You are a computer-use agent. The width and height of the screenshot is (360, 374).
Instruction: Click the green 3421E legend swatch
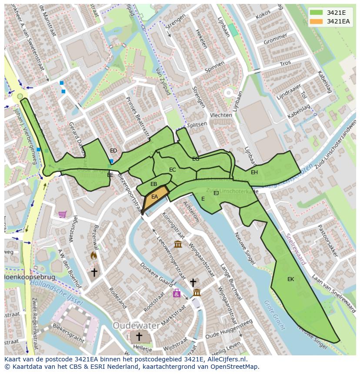coord(317,13)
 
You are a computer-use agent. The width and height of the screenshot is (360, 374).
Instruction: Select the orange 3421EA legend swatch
coord(317,21)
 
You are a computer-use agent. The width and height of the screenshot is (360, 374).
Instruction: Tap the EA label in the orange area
coord(155,197)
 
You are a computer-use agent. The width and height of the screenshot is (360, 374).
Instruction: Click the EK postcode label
coord(290,279)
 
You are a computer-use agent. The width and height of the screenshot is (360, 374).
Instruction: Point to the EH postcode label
coord(254,172)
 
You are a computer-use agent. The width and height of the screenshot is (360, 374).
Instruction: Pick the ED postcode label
coord(113,151)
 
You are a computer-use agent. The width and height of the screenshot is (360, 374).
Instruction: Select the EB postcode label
coord(153,184)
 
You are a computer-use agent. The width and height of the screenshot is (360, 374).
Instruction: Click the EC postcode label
coord(173,170)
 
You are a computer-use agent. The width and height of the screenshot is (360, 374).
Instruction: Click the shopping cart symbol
coord(63,214)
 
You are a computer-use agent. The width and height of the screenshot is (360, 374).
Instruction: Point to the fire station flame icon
coord(93,256)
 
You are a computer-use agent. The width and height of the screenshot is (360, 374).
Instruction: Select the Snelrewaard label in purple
coord(296,249)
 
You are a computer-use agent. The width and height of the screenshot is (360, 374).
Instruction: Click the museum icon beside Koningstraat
coord(178,244)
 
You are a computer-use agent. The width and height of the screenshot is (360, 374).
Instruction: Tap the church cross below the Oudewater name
coord(139,337)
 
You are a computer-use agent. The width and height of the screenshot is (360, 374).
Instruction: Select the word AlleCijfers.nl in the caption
coord(225,359)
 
